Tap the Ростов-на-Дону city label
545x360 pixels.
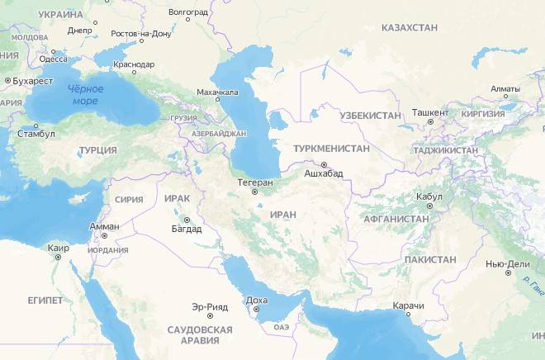click(x=144, y=34)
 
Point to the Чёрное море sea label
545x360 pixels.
click(x=84, y=95)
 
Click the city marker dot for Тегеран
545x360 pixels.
click(x=254, y=192)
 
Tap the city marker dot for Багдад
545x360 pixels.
click(x=187, y=220)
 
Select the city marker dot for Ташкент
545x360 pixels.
click(x=430, y=122)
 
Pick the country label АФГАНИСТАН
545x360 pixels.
click(x=396, y=219)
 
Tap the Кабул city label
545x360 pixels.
click(x=431, y=197)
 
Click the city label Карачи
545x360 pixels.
click(x=409, y=306)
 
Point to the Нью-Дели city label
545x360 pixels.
click(x=506, y=264)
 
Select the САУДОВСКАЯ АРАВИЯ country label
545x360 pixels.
click(x=200, y=334)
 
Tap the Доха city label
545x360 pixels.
click(x=257, y=301)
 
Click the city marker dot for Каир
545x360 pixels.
click(x=58, y=257)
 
